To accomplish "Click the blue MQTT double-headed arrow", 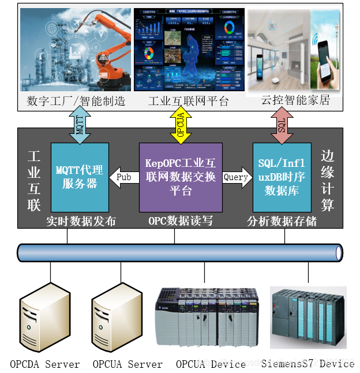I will [x=80, y=126].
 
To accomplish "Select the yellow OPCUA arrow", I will [x=180, y=126].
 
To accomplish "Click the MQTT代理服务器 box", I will [x=80, y=177].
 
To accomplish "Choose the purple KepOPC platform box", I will [x=181, y=177].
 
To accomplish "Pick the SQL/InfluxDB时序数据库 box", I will [x=282, y=177].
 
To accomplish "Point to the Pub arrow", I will [x=123, y=177].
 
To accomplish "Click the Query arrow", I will [x=237, y=177].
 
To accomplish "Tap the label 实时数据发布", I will [x=80, y=221].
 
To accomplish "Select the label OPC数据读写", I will [x=181, y=221].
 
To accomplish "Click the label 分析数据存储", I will [x=282, y=221].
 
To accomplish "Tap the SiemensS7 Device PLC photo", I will [x=308, y=318].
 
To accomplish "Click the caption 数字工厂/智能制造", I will [x=76, y=101].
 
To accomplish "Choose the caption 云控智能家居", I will [x=295, y=100].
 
